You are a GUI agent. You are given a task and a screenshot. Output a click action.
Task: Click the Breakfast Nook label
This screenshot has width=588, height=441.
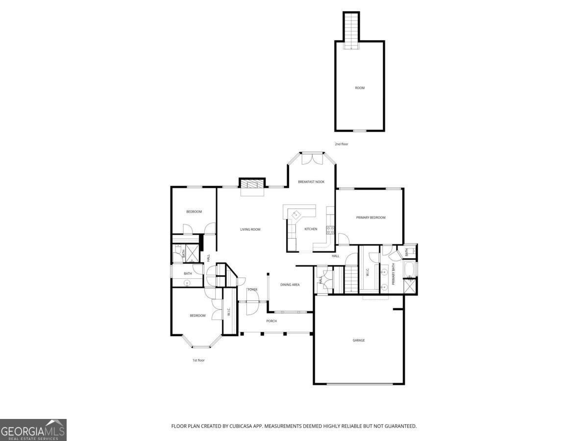pos(311,182)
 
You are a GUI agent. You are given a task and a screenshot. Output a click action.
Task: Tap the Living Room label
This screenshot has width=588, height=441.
pos(250,229)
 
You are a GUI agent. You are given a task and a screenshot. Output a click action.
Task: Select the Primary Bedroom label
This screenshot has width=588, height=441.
pos(371,218)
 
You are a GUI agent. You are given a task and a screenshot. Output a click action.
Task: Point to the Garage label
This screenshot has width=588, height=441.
pos(359,341)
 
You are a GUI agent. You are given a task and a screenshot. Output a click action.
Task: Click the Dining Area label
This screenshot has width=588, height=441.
pos(290,285)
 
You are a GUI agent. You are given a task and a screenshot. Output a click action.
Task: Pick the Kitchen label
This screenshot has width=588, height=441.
pos(311,229)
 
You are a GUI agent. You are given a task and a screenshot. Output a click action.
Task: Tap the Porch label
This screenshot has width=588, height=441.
pos(271,321)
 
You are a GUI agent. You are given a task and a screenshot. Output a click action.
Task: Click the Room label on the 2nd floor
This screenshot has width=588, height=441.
pos(360,88)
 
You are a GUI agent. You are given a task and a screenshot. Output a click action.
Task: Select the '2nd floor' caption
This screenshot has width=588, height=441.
pos(342,144)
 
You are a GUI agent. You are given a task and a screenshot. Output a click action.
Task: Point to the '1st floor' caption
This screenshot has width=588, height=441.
pos(198,361)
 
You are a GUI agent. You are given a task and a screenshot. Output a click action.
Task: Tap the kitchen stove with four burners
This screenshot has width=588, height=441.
pos(330,230)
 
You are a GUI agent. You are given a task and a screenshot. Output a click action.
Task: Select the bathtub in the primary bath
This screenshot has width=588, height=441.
pos(409,270)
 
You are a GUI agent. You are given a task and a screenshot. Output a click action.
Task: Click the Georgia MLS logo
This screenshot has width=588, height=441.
pos(33,430)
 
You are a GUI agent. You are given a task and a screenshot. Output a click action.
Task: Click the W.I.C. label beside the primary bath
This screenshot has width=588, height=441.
pos(367,272)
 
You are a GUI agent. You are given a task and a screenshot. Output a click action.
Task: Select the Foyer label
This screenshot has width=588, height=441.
pos(252,290)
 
